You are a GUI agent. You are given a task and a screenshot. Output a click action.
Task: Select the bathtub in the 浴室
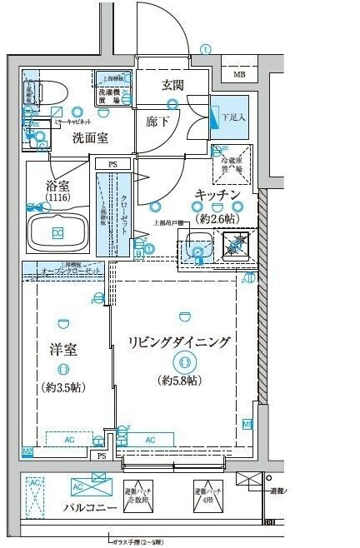(57, 231)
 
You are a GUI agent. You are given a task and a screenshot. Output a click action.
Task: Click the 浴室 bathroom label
(57, 187)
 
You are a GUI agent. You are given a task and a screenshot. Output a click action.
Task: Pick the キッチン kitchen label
(217, 194)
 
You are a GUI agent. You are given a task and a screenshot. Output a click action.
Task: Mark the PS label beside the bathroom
(112, 165)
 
